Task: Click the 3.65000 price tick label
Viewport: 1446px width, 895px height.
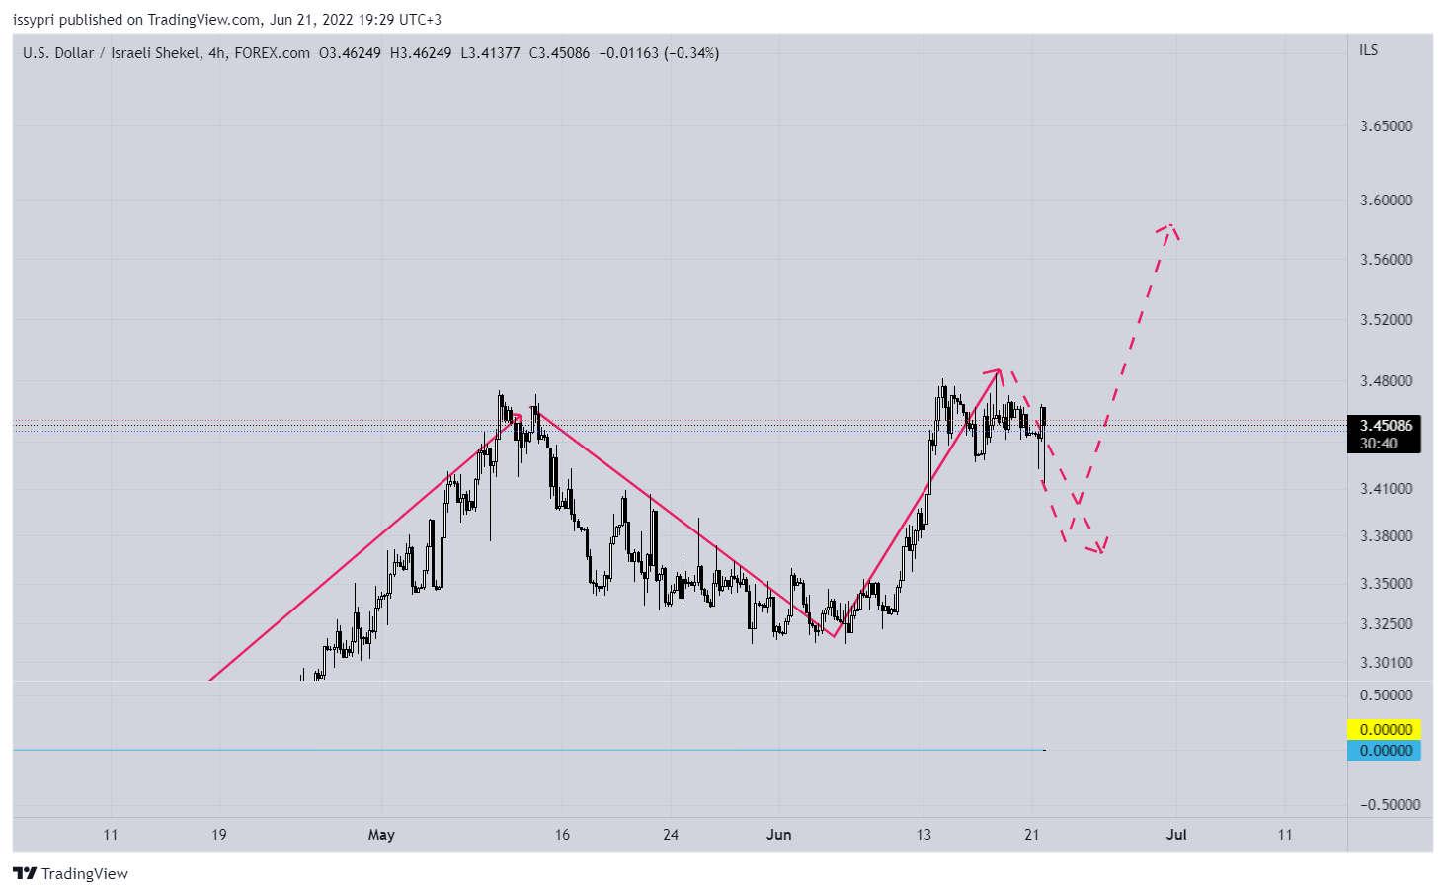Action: coord(1386,126)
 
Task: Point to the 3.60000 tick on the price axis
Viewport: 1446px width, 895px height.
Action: coord(1386,201)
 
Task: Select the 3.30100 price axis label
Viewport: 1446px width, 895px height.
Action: coord(1386,663)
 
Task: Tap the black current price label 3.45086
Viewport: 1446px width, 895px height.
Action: coord(1386,426)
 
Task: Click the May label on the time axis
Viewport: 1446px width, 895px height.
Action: coord(381,835)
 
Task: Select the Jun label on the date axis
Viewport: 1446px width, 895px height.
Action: coord(779,835)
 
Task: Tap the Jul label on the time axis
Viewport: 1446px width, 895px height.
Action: coord(1176,835)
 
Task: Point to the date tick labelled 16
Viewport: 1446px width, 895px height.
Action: coord(562,835)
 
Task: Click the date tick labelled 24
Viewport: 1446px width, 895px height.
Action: coord(671,835)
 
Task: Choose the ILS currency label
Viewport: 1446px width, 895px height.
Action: coord(1368,50)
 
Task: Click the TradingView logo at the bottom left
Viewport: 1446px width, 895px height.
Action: coord(70,873)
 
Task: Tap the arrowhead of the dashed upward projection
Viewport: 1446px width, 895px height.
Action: coord(1169,229)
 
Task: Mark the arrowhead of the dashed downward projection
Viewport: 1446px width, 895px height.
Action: coord(1099,548)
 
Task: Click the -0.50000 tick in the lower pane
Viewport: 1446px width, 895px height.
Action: coord(1390,805)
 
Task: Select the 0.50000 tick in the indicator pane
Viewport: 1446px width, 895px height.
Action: coord(1386,695)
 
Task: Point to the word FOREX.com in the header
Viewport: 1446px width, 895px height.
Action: coord(272,53)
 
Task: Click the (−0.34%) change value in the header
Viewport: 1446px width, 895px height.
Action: coord(691,53)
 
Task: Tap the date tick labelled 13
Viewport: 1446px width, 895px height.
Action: coord(924,835)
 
